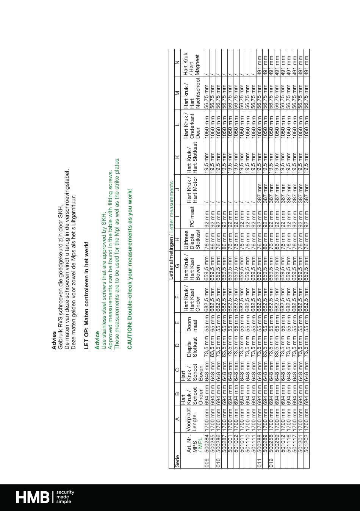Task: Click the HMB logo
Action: [x=32, y=497]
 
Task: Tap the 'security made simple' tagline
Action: [x=65, y=497]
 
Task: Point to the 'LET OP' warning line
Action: [x=86, y=295]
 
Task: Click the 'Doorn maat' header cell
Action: [x=192, y=323]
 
